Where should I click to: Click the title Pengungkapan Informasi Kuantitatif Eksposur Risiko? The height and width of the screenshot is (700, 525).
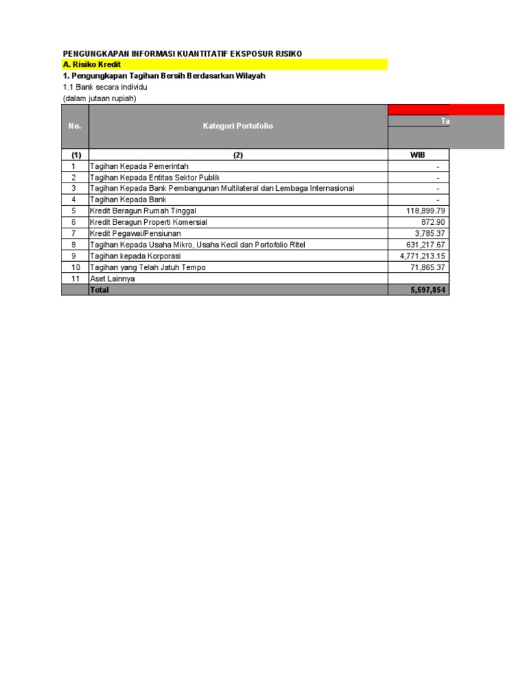point(183,53)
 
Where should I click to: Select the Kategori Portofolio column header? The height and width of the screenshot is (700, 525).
point(238,126)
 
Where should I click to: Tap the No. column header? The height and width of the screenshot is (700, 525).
point(75,126)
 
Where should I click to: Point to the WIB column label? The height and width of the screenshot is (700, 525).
point(417,154)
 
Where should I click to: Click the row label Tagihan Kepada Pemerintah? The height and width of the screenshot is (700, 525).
point(139,166)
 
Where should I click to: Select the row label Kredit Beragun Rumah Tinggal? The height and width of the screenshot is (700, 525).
point(144,211)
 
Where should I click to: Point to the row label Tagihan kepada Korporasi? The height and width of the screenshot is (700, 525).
point(135,256)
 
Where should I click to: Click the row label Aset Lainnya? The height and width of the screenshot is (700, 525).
point(113,279)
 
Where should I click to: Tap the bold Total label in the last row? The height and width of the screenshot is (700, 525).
point(100,290)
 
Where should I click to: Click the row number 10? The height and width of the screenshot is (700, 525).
point(75,267)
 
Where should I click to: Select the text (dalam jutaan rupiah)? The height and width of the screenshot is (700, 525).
point(100,98)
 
